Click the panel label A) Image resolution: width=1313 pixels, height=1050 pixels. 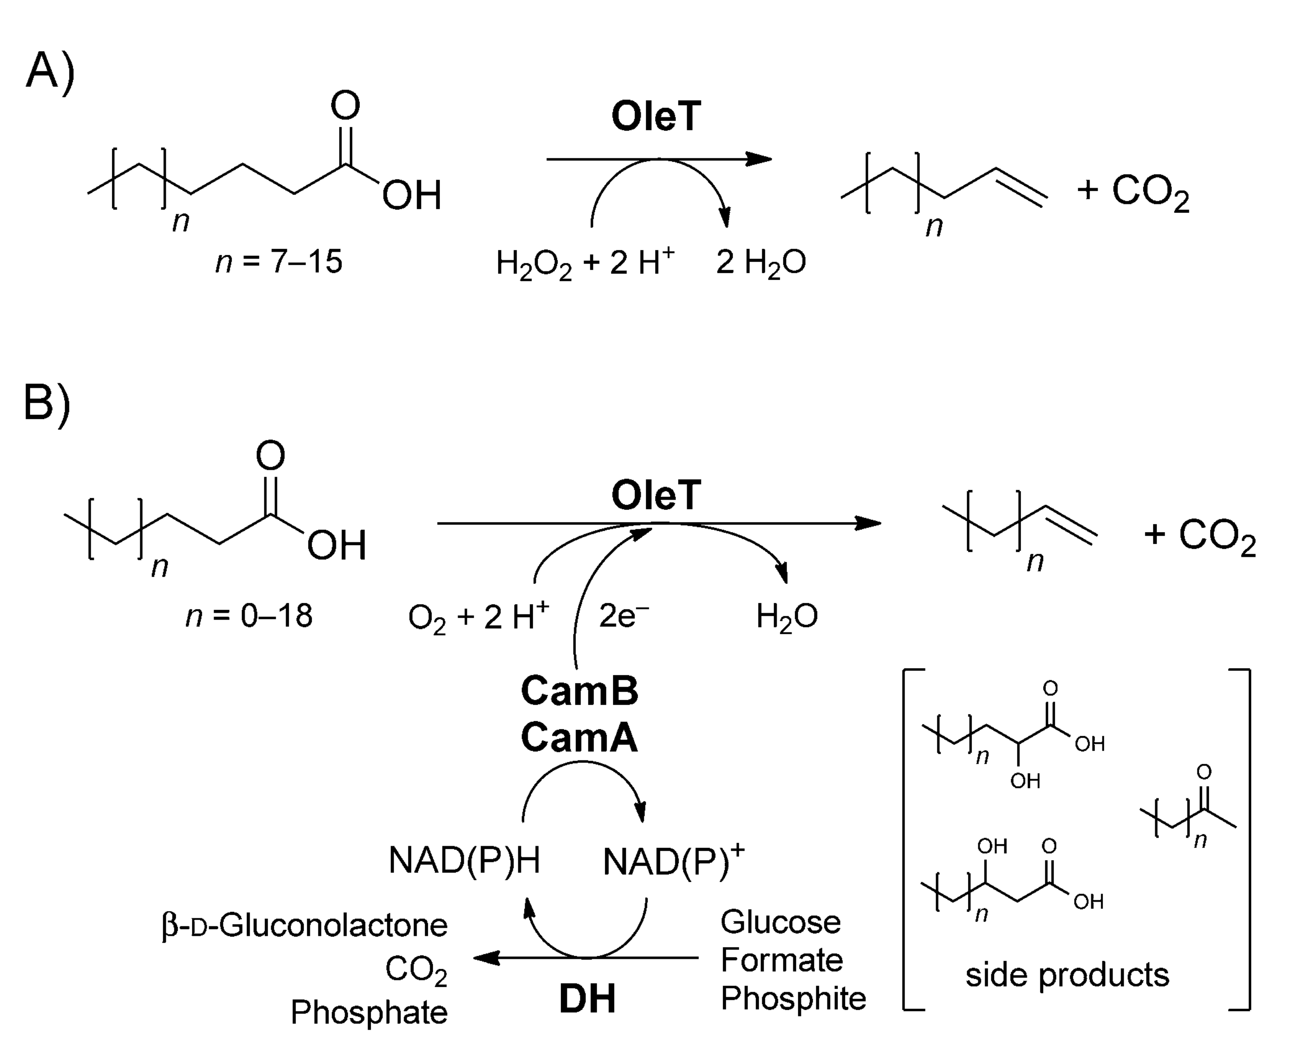pos(50,72)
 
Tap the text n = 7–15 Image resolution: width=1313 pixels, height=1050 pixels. pos(279,262)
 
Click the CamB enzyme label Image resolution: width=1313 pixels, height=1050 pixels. pos(579,691)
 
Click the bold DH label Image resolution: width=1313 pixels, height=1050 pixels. pos(587,999)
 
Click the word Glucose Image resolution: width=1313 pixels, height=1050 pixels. pos(780,922)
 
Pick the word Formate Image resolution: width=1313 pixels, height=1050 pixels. pos(781,960)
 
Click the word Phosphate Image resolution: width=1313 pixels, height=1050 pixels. pos(369,1012)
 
